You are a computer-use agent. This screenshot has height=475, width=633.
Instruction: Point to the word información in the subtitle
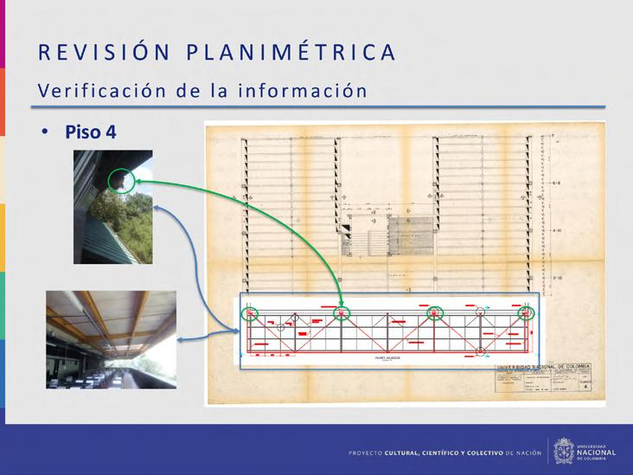coord(309,90)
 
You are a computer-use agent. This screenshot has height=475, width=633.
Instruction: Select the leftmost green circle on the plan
coord(250,313)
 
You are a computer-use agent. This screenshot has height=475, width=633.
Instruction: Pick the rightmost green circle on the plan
coord(526,313)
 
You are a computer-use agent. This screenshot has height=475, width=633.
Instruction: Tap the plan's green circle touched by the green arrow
coord(342,313)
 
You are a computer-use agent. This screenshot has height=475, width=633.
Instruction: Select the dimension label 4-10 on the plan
coord(558,232)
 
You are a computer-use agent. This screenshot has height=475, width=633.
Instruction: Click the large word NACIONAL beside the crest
coord(598,452)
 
